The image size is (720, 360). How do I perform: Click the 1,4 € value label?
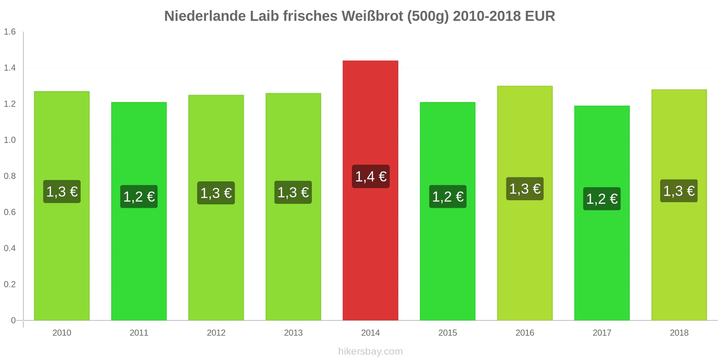[x=370, y=176]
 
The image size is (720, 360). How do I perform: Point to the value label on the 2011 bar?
[x=139, y=197]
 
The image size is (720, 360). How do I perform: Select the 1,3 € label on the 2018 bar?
[x=679, y=191]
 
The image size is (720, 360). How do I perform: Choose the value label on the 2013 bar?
[x=293, y=193]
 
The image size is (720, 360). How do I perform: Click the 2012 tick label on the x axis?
[x=216, y=333]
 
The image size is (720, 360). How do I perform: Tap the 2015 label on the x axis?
[x=447, y=333]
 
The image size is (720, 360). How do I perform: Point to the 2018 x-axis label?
[x=679, y=333]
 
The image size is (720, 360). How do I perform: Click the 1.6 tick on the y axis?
[x=10, y=31]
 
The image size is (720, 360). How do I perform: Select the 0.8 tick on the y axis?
[x=10, y=176]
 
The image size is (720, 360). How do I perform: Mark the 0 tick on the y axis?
[x=13, y=320]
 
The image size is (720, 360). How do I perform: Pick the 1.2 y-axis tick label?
[x=10, y=104]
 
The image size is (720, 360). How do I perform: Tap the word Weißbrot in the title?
[x=373, y=16]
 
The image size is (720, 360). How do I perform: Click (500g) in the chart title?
[x=428, y=16]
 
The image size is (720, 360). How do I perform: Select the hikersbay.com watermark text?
[x=370, y=351]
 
